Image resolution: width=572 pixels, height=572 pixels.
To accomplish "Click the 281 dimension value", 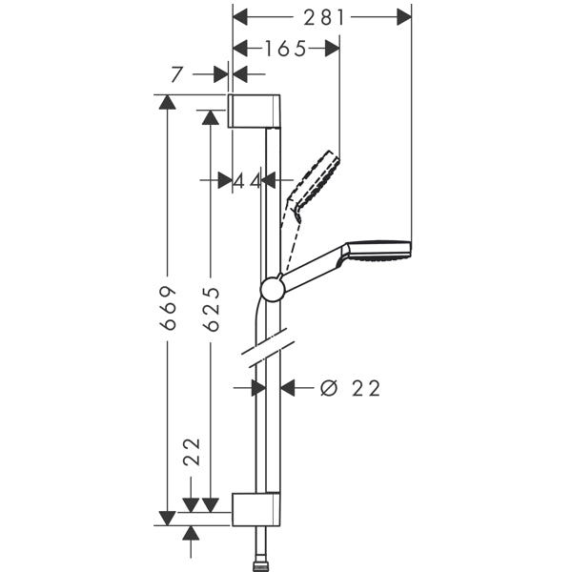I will (x=323, y=17).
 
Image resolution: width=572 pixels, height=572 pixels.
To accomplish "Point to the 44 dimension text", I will (x=247, y=179).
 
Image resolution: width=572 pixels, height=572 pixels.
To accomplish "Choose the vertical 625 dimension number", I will (x=210, y=309).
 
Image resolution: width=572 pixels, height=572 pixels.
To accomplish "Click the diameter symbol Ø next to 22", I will (x=329, y=388).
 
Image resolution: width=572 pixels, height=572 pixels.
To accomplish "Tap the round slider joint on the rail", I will (x=272, y=289).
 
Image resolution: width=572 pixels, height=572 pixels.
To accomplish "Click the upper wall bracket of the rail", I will (x=255, y=110).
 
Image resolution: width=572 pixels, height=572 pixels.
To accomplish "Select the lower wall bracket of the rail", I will (x=255, y=510).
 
